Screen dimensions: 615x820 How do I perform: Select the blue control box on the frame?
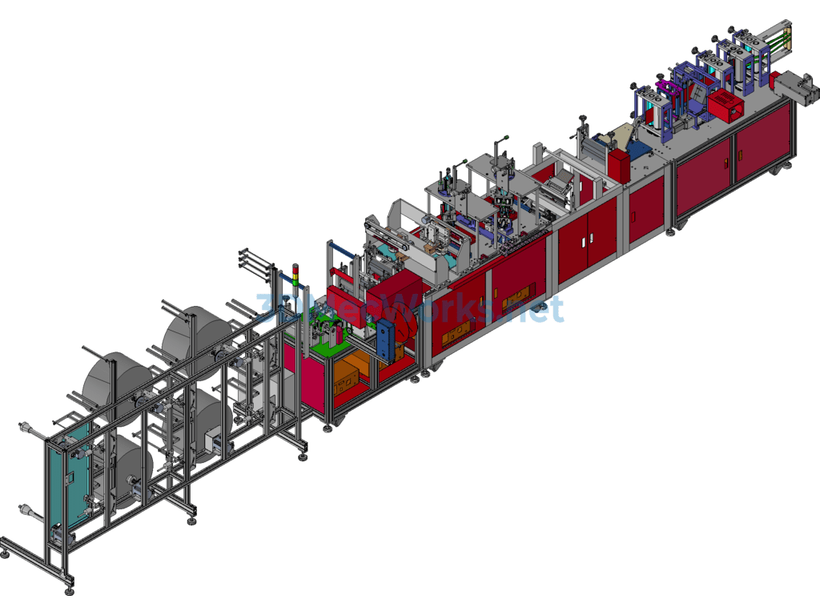pos(389,340)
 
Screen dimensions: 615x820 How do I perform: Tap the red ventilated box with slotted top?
pos(726,105)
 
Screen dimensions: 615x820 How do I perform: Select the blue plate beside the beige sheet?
pos(640,150)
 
